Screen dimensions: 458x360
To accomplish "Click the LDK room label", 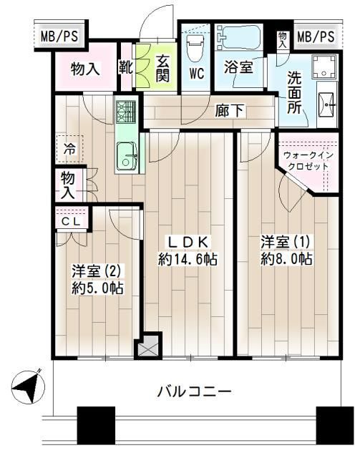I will pos(188,241).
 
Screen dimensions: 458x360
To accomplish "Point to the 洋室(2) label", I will pos(98,271).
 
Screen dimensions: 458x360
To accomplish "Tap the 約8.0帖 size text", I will pos(286,258).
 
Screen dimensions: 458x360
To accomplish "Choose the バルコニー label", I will pos(194,391).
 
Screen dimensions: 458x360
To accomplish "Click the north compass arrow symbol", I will pos(26,387).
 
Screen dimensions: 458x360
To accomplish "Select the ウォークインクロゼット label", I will pos(306,160).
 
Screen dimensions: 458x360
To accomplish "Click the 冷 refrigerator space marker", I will pos(69,151).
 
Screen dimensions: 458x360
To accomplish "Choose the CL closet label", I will pos(69,223).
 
